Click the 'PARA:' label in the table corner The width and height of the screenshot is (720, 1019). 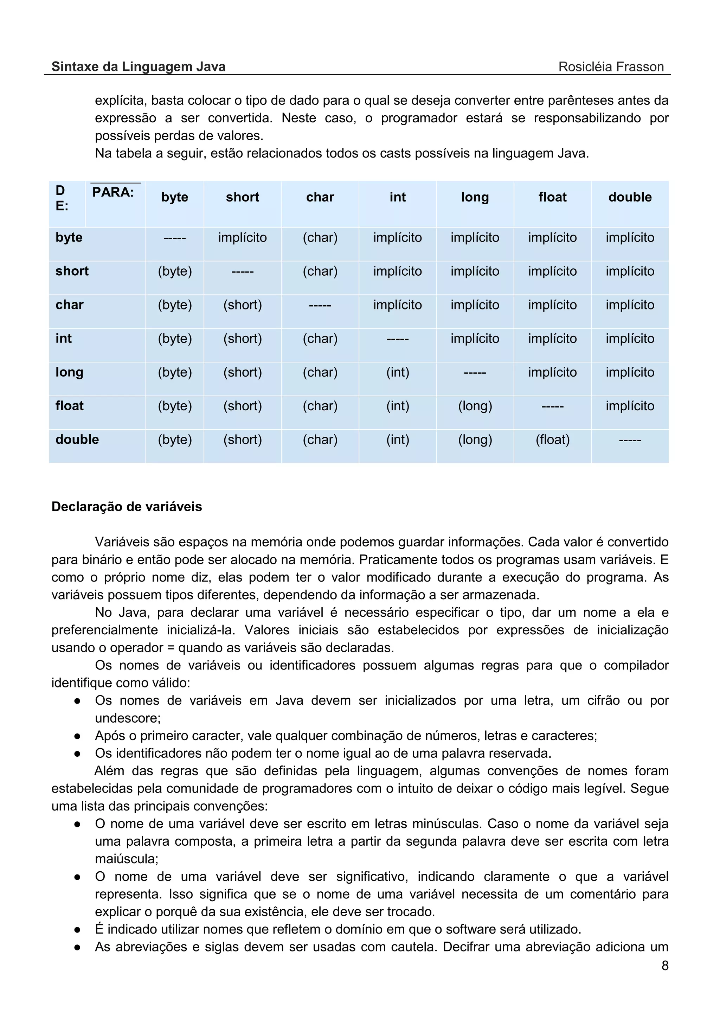(113, 192)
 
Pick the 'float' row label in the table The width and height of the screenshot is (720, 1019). (70, 406)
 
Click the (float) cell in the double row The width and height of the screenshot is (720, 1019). (552, 440)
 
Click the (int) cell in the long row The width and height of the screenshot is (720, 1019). (398, 372)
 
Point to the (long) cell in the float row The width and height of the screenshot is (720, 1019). (475, 406)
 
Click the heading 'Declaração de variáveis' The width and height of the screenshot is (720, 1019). (127, 506)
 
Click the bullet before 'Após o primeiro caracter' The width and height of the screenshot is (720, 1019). (77, 736)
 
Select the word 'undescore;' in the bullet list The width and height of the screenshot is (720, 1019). (128, 718)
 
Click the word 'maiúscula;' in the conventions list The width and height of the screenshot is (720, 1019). (127, 859)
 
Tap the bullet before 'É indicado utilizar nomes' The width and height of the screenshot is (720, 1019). (77, 929)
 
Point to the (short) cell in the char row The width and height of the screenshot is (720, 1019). (242, 305)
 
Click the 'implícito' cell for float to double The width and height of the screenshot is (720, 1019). (630, 406)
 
